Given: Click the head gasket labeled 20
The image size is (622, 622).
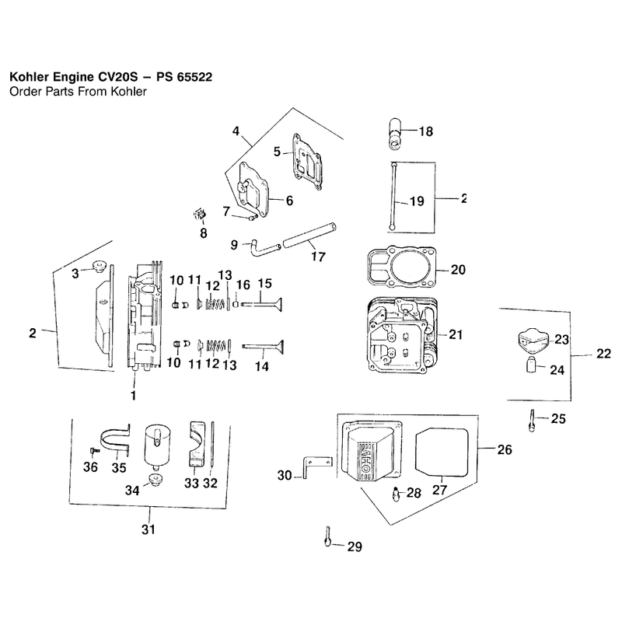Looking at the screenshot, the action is pos(402,267).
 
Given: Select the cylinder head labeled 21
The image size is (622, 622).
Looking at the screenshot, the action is pos(402,337).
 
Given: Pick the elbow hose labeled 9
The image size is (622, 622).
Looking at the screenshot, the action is pos(264,250).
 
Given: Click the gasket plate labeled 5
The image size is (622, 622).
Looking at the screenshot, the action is pos(306,162).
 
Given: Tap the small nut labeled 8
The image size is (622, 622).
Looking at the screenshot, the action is pos(200,215).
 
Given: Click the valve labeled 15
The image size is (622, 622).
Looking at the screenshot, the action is pos(262,304).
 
